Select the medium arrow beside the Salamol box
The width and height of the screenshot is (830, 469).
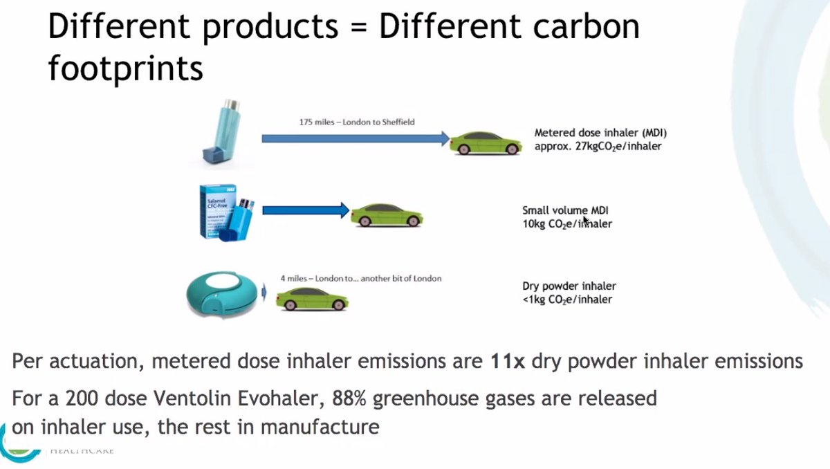(x=304, y=210)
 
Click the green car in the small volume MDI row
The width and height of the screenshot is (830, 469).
(x=387, y=215)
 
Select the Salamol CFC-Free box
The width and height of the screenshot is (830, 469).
(x=216, y=210)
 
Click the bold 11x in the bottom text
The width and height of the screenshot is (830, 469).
(x=508, y=361)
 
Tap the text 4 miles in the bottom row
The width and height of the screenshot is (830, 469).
(x=293, y=278)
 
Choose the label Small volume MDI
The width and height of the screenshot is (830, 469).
(x=565, y=210)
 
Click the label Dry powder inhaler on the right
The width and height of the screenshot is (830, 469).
(x=569, y=286)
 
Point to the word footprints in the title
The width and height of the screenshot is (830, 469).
(x=125, y=68)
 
